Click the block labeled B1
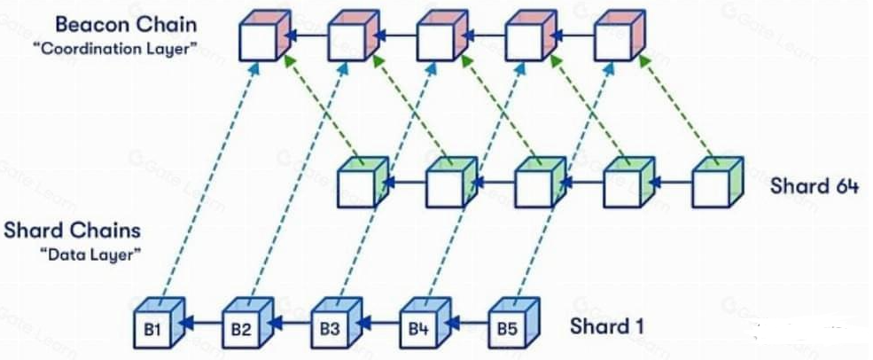pyautogui.click(x=152, y=328)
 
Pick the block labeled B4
pyautogui.click(x=418, y=328)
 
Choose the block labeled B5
pyautogui.click(x=507, y=328)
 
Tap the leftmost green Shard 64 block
pyautogui.click(x=361, y=184)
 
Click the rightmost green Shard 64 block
pyautogui.click(x=715, y=184)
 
